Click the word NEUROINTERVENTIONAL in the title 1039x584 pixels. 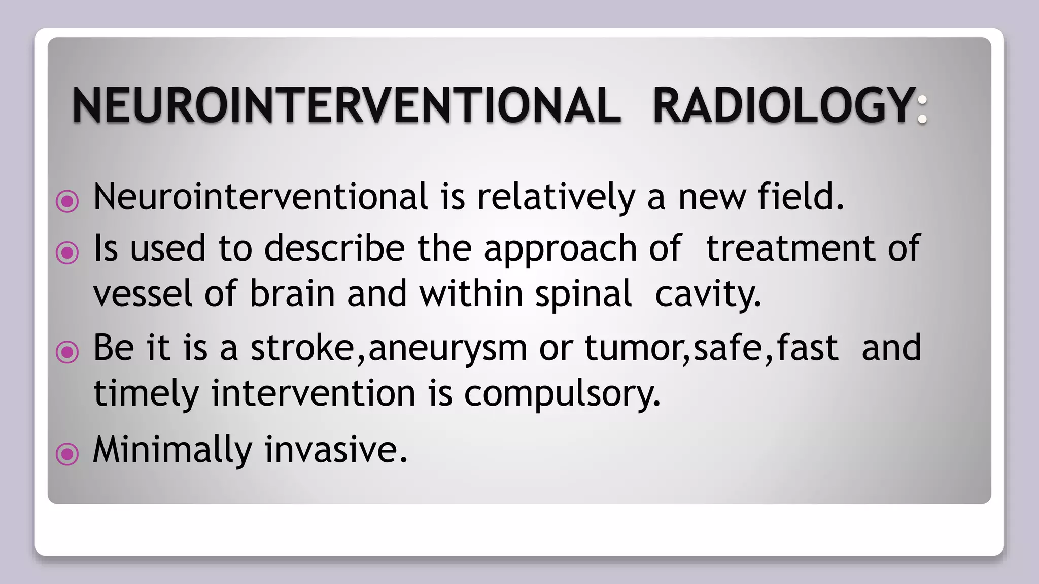click(347, 105)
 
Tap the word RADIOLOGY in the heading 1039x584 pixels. click(784, 105)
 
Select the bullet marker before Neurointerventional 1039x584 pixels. click(67, 201)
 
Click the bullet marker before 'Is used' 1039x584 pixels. click(67, 252)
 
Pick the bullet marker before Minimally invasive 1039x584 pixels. click(67, 454)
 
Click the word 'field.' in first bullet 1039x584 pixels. click(801, 197)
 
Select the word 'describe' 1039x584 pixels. click(334, 248)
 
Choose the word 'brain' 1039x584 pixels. click(292, 294)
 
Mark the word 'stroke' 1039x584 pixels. click(302, 348)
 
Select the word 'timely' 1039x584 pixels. click(147, 394)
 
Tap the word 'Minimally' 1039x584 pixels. click(172, 450)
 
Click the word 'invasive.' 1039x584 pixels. click(336, 450)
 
